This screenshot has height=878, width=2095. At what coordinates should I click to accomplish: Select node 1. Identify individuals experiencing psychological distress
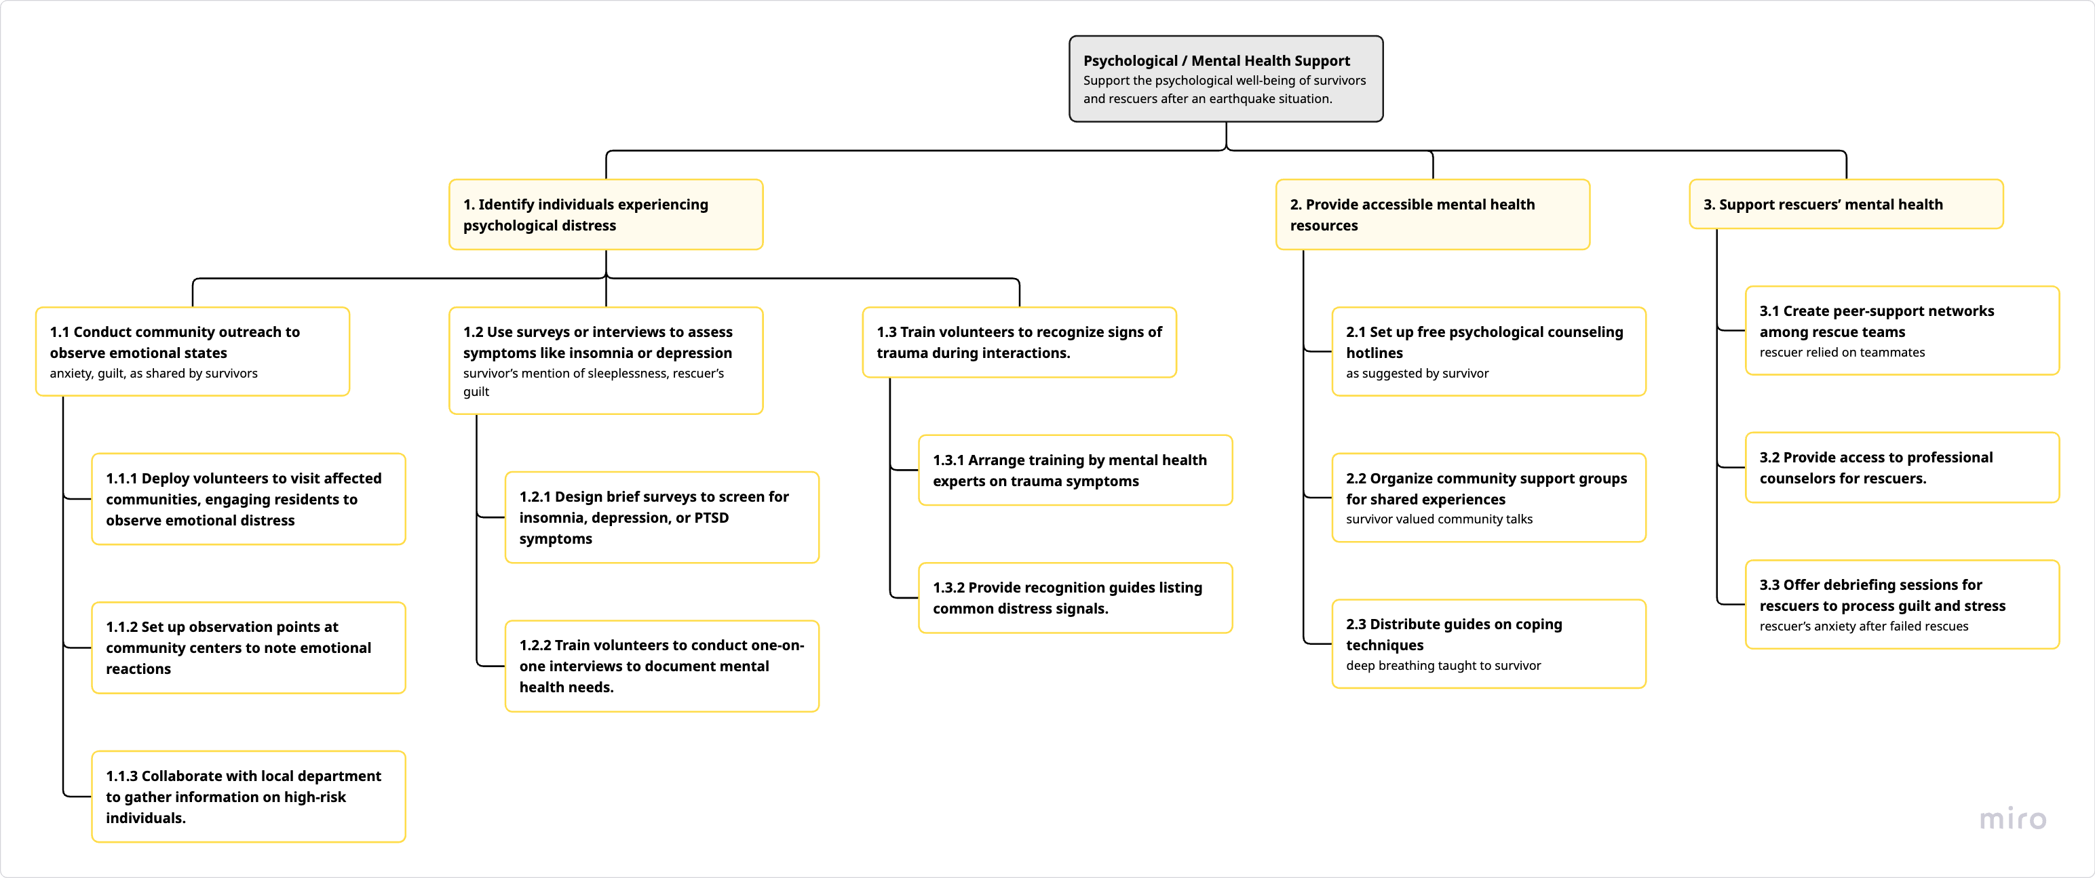tap(605, 215)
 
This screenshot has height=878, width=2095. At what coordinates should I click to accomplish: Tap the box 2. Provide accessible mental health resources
tap(1431, 215)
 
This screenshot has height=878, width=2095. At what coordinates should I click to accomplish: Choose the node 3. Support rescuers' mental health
tap(1845, 204)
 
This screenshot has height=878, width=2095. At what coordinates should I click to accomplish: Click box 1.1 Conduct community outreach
tap(192, 351)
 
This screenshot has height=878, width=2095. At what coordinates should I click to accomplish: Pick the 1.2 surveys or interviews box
tap(605, 360)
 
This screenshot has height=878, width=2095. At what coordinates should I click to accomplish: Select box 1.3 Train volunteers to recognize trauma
tap(1018, 342)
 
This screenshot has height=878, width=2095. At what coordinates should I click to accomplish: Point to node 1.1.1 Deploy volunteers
tap(248, 498)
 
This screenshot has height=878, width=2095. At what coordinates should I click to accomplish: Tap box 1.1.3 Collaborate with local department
tap(248, 796)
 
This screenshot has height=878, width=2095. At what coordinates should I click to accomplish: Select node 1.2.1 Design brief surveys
tap(661, 517)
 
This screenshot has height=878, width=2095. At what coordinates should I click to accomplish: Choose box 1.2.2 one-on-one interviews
tap(661, 666)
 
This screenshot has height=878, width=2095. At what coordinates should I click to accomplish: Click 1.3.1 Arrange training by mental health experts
tap(1075, 470)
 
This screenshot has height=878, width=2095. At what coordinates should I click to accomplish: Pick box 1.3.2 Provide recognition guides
tap(1075, 597)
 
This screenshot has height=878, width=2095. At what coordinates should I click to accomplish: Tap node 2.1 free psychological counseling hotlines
tap(1488, 351)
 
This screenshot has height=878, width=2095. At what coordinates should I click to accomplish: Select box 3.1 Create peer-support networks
tap(1902, 330)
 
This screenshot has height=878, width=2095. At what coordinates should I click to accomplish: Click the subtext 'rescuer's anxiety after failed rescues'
tap(1863, 626)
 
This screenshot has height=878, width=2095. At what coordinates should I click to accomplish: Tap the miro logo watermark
tap(2012, 818)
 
